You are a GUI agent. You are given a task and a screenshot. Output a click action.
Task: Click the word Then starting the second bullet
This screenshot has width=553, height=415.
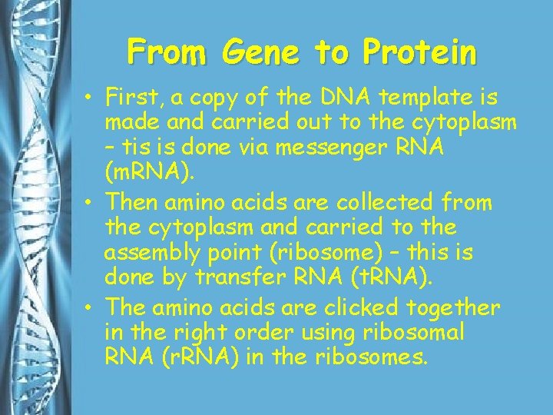(131, 203)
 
